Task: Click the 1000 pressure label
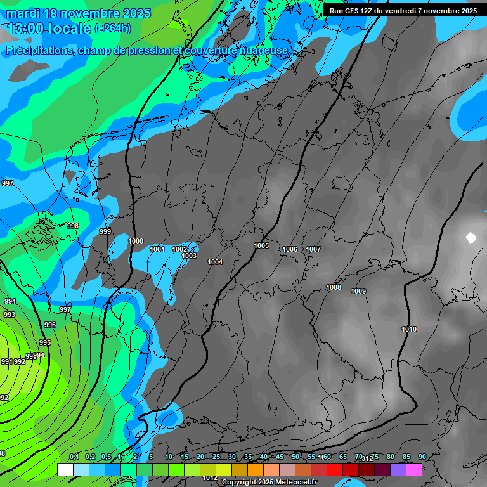point(136,241)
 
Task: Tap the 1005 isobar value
point(261,245)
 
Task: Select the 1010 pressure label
point(409,329)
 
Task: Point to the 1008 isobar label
point(334,287)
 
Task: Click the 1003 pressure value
point(189,256)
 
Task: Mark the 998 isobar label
point(73,226)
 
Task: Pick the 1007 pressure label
point(313,249)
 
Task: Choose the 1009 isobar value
point(358,291)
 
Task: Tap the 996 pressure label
point(50,325)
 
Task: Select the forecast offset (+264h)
point(113,28)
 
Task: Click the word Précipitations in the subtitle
point(39,51)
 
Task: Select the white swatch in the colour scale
point(65,469)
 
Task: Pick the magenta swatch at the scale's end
point(413,469)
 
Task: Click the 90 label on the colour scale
point(422,457)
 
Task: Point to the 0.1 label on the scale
point(74,457)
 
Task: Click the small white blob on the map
point(471,238)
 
